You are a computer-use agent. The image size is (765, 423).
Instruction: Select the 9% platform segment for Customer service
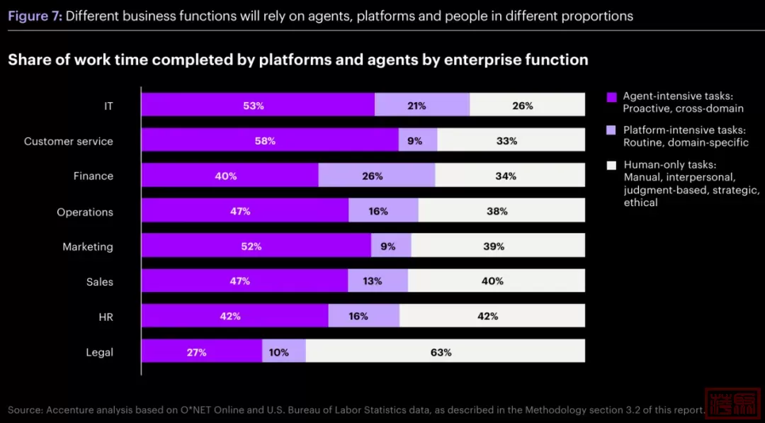pyautogui.click(x=417, y=140)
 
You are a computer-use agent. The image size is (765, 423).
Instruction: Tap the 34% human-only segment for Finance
pyautogui.click(x=509, y=176)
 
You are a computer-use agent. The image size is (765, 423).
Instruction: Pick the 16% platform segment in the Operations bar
pyautogui.click(x=383, y=210)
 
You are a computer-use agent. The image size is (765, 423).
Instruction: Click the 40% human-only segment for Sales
pyautogui.click(x=496, y=281)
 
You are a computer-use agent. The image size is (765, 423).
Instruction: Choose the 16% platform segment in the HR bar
pyautogui.click(x=363, y=316)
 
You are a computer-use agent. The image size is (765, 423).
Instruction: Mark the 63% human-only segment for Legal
pyautogui.click(x=445, y=351)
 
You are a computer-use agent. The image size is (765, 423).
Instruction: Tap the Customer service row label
pyautogui.click(x=69, y=141)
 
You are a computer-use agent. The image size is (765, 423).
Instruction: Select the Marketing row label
pyautogui.click(x=88, y=247)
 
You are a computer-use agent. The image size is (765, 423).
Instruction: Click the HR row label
pyautogui.click(x=106, y=317)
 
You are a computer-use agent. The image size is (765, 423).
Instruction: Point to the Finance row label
pyautogui.click(x=93, y=176)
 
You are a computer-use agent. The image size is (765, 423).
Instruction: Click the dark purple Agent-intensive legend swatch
pyautogui.click(x=612, y=96)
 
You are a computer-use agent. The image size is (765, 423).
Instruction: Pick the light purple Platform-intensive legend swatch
pyautogui.click(x=612, y=130)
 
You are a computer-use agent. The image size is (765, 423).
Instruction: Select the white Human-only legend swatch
pyautogui.click(x=612, y=165)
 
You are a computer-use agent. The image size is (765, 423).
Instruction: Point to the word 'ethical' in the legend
pyautogui.click(x=641, y=203)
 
